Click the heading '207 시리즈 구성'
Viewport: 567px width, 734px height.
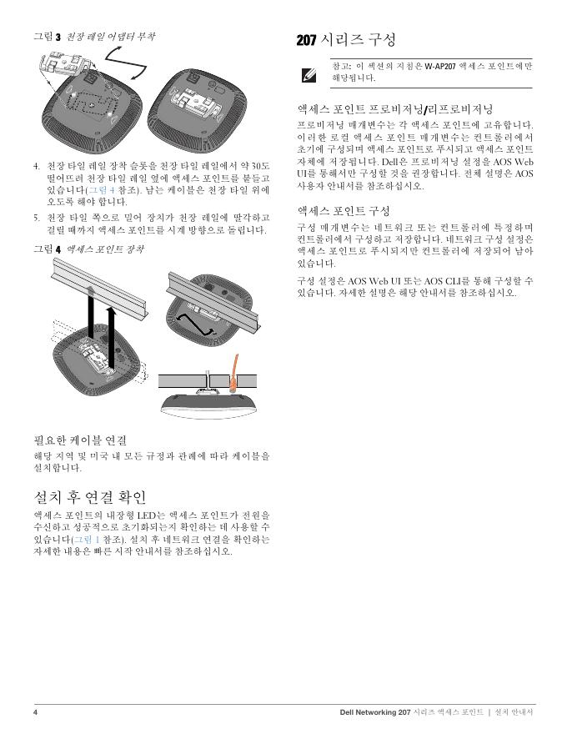click(346, 40)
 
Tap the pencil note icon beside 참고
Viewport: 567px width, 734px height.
click(309, 74)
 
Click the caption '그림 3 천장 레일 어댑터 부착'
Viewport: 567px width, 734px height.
click(94, 37)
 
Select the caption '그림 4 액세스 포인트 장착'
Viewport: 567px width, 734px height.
click(88, 249)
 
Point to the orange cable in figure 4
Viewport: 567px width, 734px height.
click(234, 372)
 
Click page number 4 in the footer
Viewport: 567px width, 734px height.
click(36, 712)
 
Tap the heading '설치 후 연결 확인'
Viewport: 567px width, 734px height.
click(90, 497)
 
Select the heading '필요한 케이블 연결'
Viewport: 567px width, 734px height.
click(80, 440)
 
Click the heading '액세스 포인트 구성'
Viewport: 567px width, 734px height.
click(344, 211)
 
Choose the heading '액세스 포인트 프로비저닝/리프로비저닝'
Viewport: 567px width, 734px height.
click(395, 109)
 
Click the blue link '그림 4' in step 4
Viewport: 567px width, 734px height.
click(102, 190)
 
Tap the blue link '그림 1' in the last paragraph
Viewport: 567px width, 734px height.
click(87, 540)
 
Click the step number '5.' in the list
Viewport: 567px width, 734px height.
click(37, 218)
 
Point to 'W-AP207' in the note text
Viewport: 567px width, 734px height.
click(439, 66)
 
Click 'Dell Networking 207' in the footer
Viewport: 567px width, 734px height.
click(375, 712)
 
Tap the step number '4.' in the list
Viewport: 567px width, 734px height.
click(37, 166)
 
